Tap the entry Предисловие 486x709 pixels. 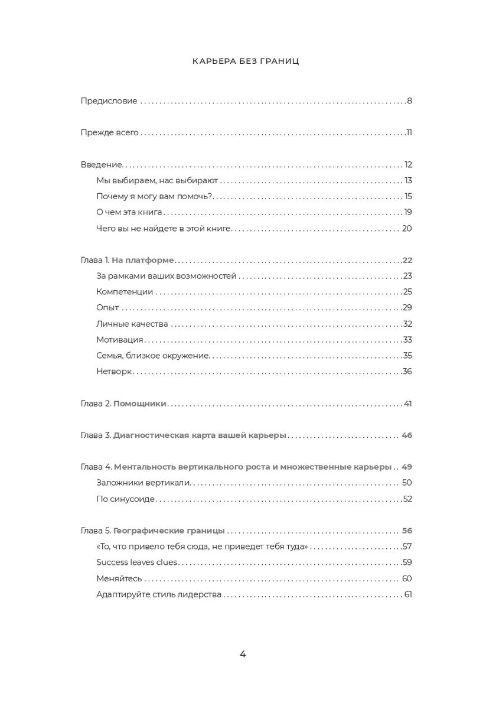(109, 101)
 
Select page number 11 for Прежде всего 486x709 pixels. (409, 132)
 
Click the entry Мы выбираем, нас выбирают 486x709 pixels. (157, 180)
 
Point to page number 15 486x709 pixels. (408, 196)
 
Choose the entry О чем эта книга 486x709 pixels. (129, 212)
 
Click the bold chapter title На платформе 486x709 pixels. (143, 260)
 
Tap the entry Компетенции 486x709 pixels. (125, 292)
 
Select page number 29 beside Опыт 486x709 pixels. (407, 308)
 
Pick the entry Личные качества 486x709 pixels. (132, 324)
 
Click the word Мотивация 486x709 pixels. (120, 340)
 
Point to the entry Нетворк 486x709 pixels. (114, 372)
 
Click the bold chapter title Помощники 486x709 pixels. (140, 404)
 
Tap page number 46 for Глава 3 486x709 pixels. (406, 435)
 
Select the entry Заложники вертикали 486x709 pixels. (143, 483)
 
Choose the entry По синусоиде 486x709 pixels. (125, 499)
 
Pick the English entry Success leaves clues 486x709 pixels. (136, 562)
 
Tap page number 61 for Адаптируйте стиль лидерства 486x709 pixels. (407, 594)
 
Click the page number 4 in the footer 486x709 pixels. (243, 654)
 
